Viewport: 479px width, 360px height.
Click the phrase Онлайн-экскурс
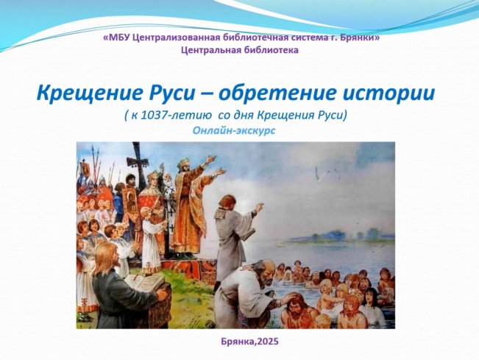tap(234, 130)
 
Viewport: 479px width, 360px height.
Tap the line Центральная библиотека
tap(240, 50)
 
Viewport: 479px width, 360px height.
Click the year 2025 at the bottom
tap(268, 342)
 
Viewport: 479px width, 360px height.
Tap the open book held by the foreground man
tap(143, 283)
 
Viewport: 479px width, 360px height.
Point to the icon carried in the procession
tap(131, 201)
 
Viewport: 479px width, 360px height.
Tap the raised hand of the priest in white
tap(259, 208)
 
